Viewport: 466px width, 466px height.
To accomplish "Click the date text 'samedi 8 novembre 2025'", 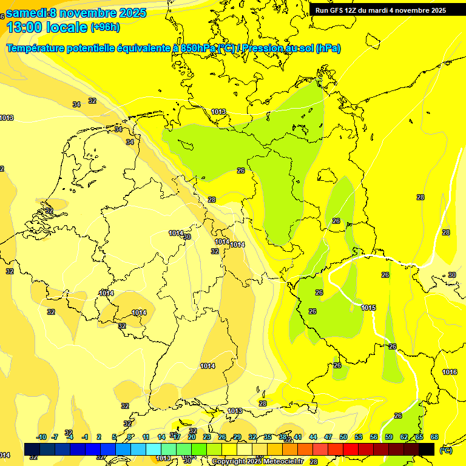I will pyautogui.click(x=76, y=13).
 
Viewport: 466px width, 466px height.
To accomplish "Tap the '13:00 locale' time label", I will pyautogui.click(x=47, y=27).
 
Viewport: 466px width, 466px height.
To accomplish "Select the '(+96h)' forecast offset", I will pyautogui.click(x=105, y=27).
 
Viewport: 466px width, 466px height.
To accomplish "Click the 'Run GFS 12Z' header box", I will pyautogui.click(x=380, y=10).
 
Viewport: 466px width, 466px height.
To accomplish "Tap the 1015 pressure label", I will pyautogui.click(x=368, y=308).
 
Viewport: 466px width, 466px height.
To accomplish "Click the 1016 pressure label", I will pyautogui.click(x=450, y=372).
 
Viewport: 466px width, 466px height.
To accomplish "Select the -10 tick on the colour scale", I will pyautogui.click(x=41, y=437).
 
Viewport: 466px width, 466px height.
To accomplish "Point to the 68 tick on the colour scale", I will pyautogui.click(x=434, y=437).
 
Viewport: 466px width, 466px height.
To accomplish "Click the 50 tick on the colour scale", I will pyautogui.click(x=343, y=437).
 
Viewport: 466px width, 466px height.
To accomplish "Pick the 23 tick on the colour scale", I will pyautogui.click(x=207, y=437).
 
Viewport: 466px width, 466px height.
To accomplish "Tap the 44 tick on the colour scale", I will pyautogui.click(x=313, y=437).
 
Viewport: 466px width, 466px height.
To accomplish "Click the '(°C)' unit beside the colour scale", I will pyautogui.click(x=445, y=450).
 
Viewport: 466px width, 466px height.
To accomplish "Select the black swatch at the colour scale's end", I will pyautogui.click(x=427, y=449).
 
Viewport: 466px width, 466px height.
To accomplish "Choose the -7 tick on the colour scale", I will pyautogui.click(x=55, y=437).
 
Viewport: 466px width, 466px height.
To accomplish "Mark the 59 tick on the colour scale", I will pyautogui.click(x=389, y=437).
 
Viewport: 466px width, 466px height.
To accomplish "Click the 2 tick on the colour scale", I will pyautogui.click(x=99, y=437).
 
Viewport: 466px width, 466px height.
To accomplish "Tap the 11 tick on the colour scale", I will pyautogui.click(x=146, y=437).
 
